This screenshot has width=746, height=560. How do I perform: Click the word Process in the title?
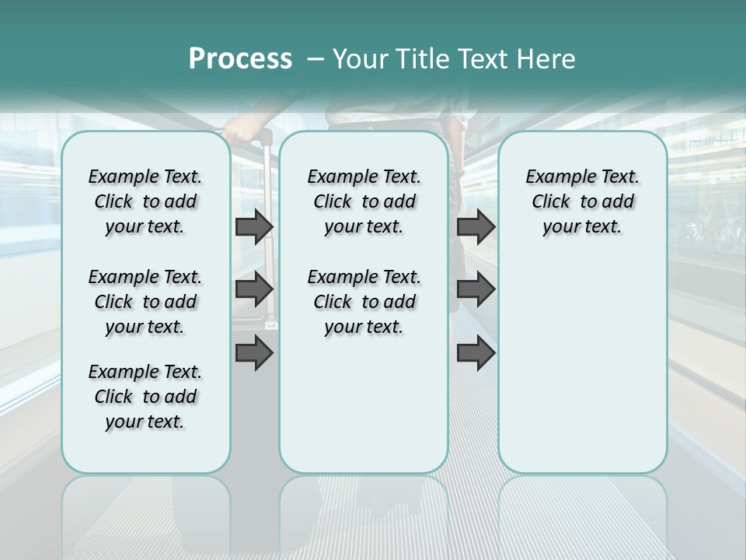coord(240,58)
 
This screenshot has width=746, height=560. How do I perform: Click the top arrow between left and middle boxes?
coord(254,226)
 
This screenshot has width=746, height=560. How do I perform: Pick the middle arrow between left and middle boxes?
coord(254,289)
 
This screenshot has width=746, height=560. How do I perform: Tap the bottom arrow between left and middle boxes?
coord(254,353)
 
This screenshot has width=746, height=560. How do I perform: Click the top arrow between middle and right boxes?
coord(476,226)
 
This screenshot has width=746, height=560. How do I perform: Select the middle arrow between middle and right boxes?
coord(476,289)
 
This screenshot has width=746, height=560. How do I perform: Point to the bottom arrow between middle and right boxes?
coord(476,353)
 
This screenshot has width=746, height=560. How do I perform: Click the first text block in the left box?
coord(145,201)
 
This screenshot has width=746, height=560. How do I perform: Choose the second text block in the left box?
coord(145,302)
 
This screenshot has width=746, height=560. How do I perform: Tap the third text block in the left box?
coord(145,397)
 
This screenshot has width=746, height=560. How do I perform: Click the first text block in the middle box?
coord(364,201)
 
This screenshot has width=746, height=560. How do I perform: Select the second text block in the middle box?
coord(364,302)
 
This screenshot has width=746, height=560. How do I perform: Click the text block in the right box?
coord(582,201)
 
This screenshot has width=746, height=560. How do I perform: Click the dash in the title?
coord(315,59)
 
